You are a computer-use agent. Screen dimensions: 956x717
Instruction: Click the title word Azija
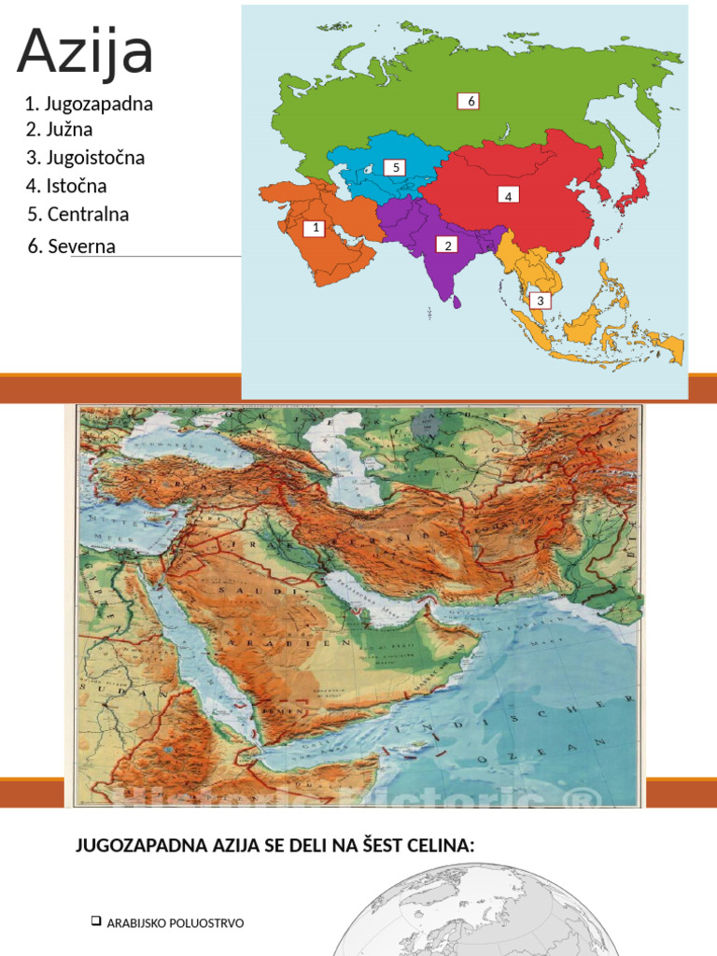tap(85, 51)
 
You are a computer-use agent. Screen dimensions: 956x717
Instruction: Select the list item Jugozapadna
tap(90, 104)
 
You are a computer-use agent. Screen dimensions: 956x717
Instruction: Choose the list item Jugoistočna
tap(86, 158)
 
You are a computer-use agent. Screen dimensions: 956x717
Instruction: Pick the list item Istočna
tap(66, 186)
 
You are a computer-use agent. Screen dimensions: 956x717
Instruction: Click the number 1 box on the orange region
tap(315, 228)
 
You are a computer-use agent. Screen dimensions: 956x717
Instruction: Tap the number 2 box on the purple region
tap(447, 245)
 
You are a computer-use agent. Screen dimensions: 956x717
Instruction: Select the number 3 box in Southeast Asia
tap(540, 301)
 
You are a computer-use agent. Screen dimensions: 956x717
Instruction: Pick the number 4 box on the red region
tap(508, 196)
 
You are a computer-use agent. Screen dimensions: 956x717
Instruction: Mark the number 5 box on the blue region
tap(395, 167)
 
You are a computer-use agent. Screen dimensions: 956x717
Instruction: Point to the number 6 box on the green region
tap(469, 101)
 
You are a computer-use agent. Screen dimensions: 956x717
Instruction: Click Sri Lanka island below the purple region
tap(457, 302)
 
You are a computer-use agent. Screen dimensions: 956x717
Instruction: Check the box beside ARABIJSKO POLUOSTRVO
tap(95, 921)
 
